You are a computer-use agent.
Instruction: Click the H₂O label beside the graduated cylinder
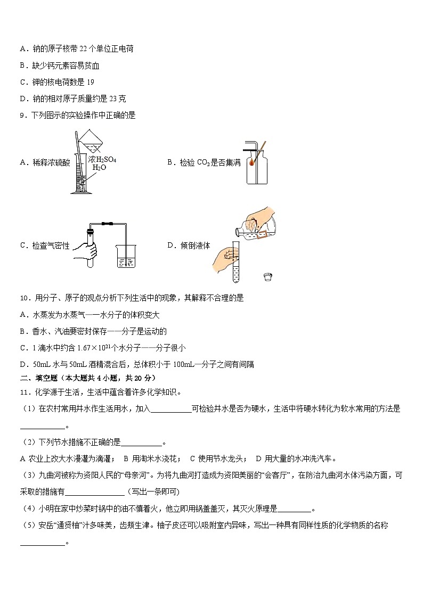point(99,167)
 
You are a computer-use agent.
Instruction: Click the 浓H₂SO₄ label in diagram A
point(102,159)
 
